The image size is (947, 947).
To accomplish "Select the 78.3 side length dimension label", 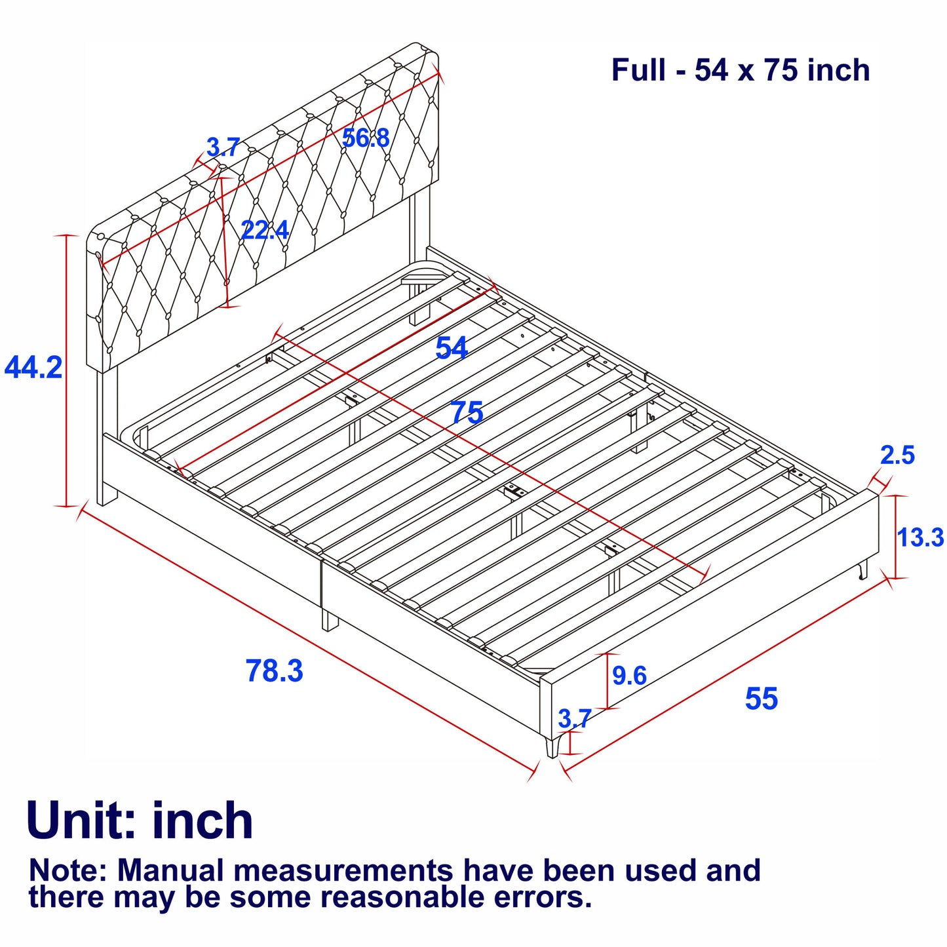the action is point(275,670).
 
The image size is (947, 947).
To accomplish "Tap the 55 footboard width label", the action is point(762,699).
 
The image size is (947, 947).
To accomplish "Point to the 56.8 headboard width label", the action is point(366,138).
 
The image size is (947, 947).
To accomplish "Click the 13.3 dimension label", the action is point(921,537).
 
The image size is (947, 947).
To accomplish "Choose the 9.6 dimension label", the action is point(629,675).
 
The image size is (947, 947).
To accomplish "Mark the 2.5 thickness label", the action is point(897,455).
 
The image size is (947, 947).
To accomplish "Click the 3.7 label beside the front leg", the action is point(575,718).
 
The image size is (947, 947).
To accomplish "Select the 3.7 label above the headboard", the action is point(223,147).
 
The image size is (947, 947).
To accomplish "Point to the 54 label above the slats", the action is point(452,349).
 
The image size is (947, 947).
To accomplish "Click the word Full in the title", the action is point(638,70).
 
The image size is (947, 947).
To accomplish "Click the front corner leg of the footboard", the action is point(553,745).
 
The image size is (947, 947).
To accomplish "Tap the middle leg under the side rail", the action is point(330,620).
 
